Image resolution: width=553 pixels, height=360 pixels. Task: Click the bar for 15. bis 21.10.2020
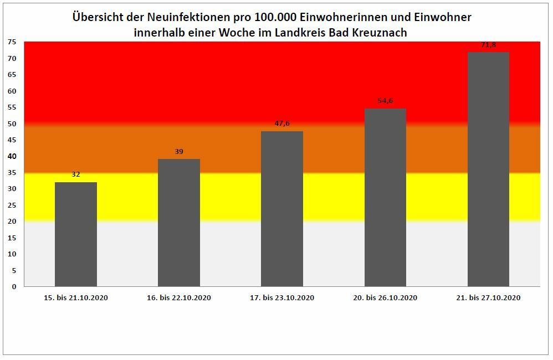[76, 234]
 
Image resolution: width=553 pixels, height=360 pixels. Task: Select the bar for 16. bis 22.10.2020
[179, 223]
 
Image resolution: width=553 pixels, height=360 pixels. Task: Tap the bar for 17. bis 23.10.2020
[282, 209]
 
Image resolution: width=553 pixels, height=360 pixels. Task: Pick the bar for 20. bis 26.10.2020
[385, 197]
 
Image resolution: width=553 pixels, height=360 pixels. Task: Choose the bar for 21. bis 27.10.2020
[488, 169]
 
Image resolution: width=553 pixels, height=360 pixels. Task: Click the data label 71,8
[488, 45]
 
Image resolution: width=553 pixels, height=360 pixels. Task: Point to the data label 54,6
[385, 101]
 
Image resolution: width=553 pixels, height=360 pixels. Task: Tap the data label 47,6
[282, 124]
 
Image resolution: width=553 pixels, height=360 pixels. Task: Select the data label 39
[179, 151]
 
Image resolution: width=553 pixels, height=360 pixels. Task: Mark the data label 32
[76, 174]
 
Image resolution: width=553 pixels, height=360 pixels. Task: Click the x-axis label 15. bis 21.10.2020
[76, 298]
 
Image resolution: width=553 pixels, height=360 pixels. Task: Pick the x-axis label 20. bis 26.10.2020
[385, 298]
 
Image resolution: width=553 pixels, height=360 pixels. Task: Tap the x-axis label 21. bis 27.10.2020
[488, 298]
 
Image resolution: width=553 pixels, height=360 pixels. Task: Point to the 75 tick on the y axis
[12, 42]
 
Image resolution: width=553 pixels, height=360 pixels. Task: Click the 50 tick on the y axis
[12, 124]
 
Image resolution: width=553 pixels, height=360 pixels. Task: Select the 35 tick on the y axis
[12, 173]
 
